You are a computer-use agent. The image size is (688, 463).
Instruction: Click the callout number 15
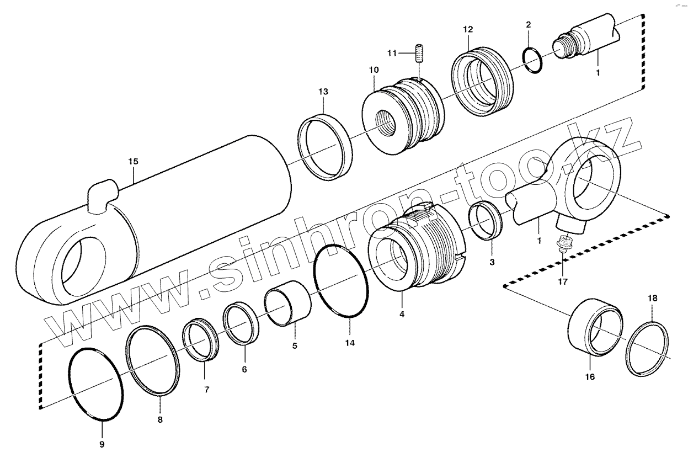tap(133, 162)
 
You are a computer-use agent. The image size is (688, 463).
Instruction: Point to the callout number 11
tap(392, 53)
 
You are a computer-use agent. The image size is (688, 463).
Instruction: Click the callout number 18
tap(653, 298)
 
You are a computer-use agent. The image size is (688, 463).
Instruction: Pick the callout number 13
tap(323, 91)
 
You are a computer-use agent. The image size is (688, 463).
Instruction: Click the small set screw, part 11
tap(419, 54)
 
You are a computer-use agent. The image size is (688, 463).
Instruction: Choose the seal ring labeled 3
tap(486, 222)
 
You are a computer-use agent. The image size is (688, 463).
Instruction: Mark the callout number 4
tap(402, 315)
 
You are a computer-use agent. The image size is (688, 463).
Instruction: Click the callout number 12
tap(468, 28)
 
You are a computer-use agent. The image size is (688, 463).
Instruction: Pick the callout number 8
tap(160, 419)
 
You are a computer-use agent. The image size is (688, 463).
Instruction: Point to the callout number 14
tap(349, 343)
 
